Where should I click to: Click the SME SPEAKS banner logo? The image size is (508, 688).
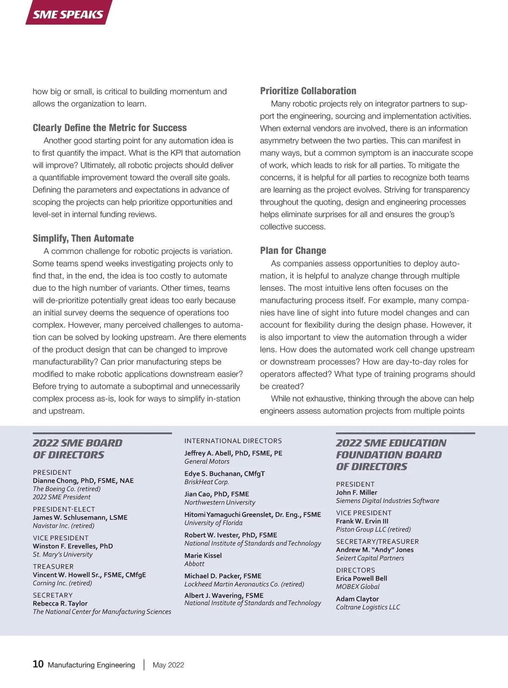click(x=68, y=14)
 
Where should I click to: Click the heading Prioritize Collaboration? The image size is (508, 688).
click(x=308, y=91)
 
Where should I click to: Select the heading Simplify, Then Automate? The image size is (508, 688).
click(x=83, y=238)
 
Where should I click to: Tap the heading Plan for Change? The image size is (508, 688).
click(x=293, y=250)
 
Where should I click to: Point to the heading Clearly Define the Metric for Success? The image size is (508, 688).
click(x=110, y=128)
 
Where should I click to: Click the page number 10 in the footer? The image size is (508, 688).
click(x=38, y=664)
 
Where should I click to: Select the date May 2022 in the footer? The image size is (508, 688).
click(x=168, y=665)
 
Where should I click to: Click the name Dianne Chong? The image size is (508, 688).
click(x=55, y=481)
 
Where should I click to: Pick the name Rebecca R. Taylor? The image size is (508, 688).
click(x=60, y=603)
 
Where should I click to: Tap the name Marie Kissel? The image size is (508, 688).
click(x=203, y=556)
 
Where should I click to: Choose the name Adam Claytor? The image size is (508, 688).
click(x=357, y=599)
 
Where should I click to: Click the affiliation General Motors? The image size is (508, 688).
click(x=207, y=462)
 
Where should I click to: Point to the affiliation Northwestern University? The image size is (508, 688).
click(x=220, y=502)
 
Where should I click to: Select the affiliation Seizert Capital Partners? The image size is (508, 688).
click(x=370, y=558)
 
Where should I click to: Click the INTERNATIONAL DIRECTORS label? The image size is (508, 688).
click(x=233, y=441)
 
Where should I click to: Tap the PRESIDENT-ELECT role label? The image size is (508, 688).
click(x=64, y=509)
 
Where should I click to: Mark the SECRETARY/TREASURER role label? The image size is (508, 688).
click(x=377, y=542)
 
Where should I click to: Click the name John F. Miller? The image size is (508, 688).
click(x=356, y=493)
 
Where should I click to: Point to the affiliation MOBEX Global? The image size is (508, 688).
click(x=358, y=586)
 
